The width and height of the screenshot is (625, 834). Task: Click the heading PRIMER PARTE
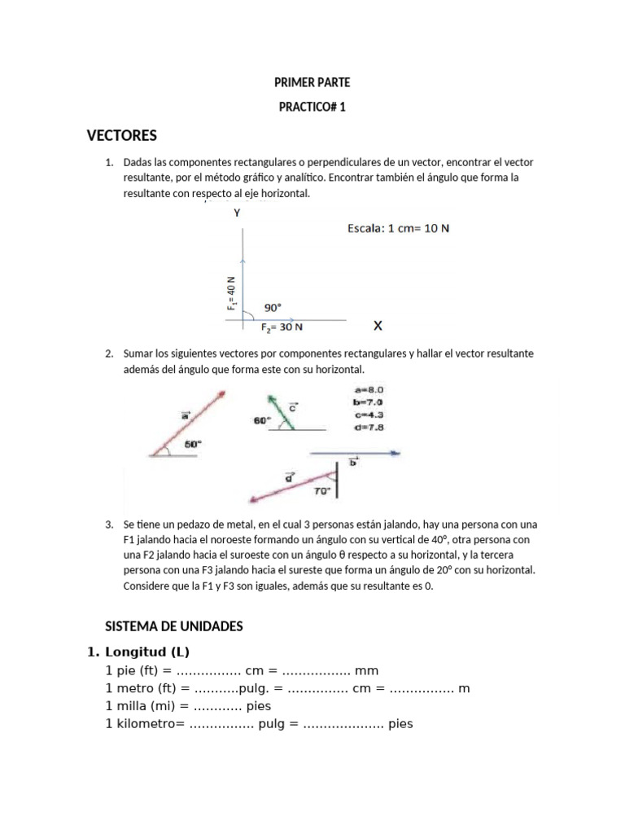pos(312,82)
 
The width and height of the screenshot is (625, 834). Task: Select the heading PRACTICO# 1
pos(312,107)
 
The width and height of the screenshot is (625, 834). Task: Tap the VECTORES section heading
pos(121,135)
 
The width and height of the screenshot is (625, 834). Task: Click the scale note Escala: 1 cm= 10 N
pos(398,229)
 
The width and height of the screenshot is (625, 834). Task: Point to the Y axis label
pos(237,213)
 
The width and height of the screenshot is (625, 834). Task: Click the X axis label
pos(378,326)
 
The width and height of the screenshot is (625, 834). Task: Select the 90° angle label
pos(273,308)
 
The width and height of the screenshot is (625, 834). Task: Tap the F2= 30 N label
pos(282,328)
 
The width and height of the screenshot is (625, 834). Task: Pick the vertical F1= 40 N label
pos(232,292)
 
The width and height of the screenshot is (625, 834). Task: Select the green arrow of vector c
pos(279,411)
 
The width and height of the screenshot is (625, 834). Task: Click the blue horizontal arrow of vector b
pos(354,452)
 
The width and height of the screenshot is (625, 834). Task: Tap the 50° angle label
pos(192,445)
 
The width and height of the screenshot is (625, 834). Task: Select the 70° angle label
pos(322,491)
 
